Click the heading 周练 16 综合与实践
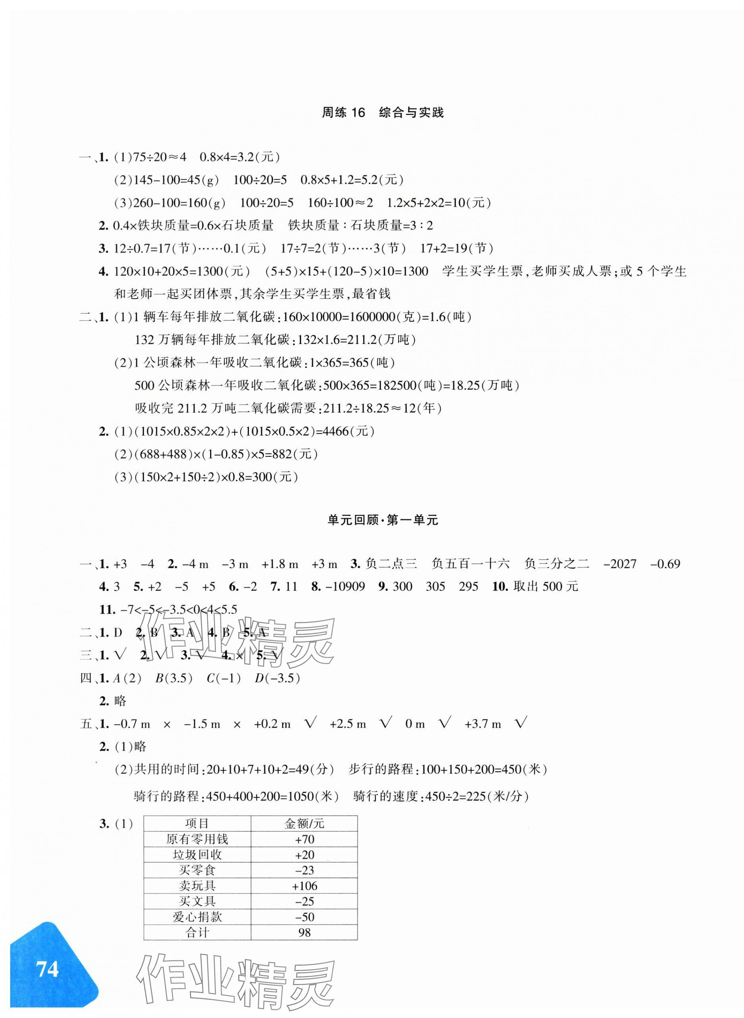383,113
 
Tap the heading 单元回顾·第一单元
383,520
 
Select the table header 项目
197,824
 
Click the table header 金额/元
305,824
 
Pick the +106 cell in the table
305,885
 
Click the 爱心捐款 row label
197,917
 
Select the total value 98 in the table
305,932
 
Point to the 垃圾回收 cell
197,854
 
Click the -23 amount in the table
305,870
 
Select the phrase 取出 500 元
545,587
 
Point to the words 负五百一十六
470,564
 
